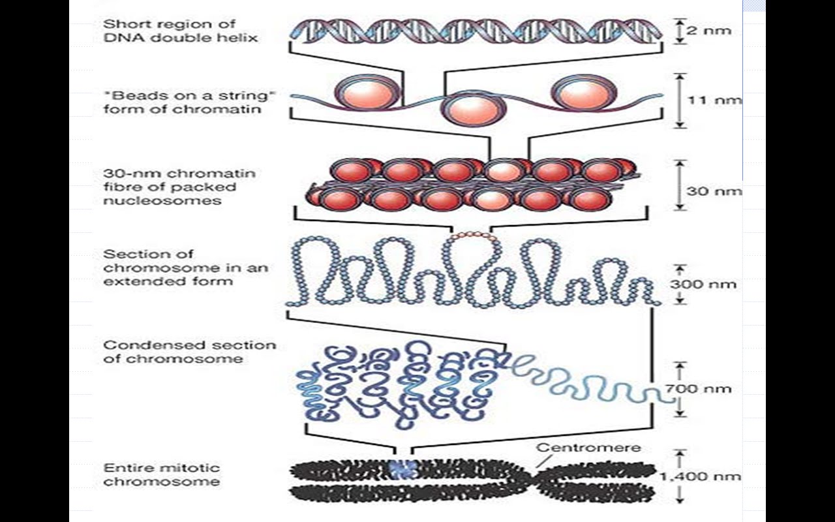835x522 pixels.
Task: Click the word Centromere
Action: coord(588,448)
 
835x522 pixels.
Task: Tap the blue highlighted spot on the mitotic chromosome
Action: coord(402,468)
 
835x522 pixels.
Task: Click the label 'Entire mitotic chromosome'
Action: coord(162,475)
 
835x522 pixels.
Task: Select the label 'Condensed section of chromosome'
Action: coord(189,352)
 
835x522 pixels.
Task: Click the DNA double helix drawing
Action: coord(476,31)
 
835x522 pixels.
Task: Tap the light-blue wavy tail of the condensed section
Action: coord(587,378)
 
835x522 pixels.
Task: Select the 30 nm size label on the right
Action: coord(714,191)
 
